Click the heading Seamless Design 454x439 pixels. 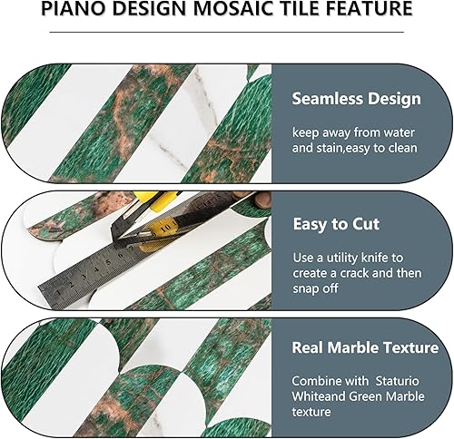[x=356, y=98]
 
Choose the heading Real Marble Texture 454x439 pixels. [x=365, y=347]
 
